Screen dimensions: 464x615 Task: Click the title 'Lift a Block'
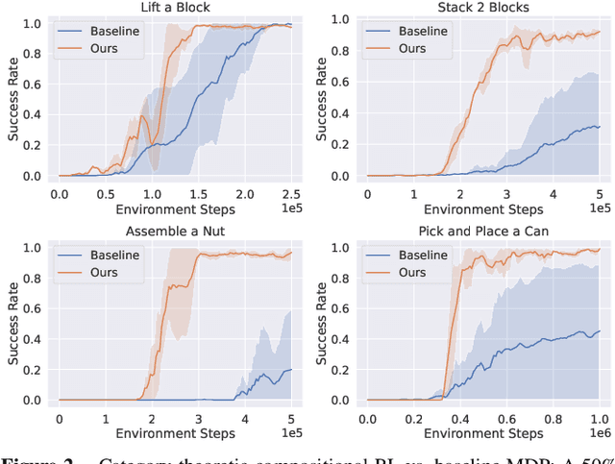[173, 8]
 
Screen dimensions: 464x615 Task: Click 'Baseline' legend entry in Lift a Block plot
[111, 30]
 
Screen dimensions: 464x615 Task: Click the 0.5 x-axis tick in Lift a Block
[105, 193]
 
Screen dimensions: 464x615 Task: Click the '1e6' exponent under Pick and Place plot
[600, 434]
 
